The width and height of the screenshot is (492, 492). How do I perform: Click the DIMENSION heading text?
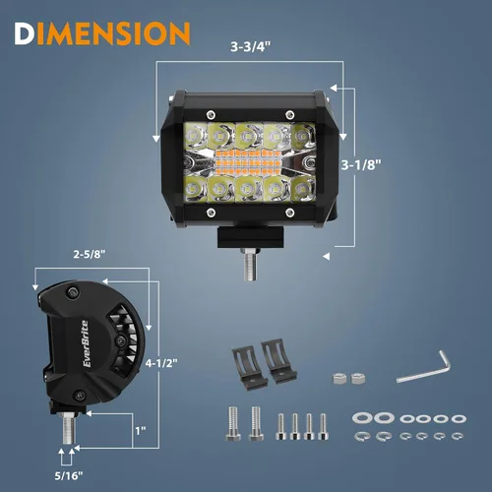pyautogui.click(x=102, y=33)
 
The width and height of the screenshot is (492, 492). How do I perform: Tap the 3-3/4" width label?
pyautogui.click(x=251, y=46)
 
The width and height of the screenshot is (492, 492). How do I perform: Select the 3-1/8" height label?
pyautogui.click(x=361, y=164)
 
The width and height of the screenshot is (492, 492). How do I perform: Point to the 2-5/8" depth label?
pyautogui.click(x=90, y=254)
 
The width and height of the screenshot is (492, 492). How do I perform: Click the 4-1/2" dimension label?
pyautogui.click(x=161, y=363)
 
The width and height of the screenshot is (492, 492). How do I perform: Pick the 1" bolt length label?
pyautogui.click(x=141, y=431)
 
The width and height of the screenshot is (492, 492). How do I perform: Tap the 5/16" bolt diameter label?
pyautogui.click(x=69, y=475)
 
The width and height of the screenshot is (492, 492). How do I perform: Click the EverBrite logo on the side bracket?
pyautogui.click(x=86, y=343)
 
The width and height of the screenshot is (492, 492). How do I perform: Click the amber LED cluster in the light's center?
pyautogui.click(x=248, y=162)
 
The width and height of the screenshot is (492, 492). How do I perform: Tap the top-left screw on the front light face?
pyautogui.click(x=211, y=115)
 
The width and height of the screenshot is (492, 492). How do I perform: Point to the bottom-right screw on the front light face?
pyautogui.click(x=289, y=213)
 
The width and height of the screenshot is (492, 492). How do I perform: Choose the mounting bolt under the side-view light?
pyautogui.click(x=68, y=428)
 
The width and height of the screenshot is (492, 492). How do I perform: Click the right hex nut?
pyautogui.click(x=357, y=378)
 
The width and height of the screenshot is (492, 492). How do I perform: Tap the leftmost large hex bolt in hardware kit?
pyautogui.click(x=233, y=423)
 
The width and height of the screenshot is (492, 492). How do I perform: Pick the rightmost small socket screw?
pyautogui.click(x=323, y=426)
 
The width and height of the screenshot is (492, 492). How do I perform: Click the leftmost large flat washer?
pyautogui.click(x=362, y=418)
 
